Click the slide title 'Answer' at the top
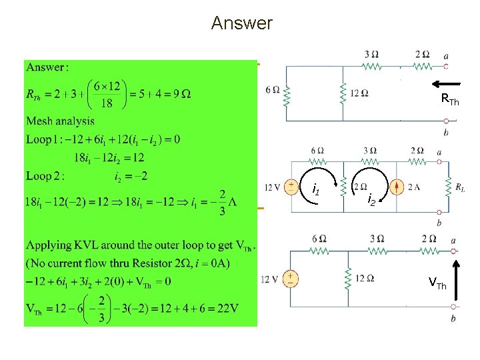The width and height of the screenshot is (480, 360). click(x=241, y=23)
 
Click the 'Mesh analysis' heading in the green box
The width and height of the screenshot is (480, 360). click(x=60, y=121)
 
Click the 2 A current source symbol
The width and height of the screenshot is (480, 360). click(x=398, y=187)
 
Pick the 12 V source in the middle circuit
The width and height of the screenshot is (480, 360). click(x=291, y=187)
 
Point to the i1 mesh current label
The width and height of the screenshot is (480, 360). click(x=317, y=192)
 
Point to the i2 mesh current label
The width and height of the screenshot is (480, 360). click(x=371, y=199)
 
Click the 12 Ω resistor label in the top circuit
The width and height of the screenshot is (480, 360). click(x=361, y=93)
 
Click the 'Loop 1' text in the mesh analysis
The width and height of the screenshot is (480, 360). click(x=44, y=139)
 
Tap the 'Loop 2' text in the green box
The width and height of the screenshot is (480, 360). click(x=44, y=176)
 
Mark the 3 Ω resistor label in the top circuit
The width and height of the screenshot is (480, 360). click(x=371, y=54)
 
